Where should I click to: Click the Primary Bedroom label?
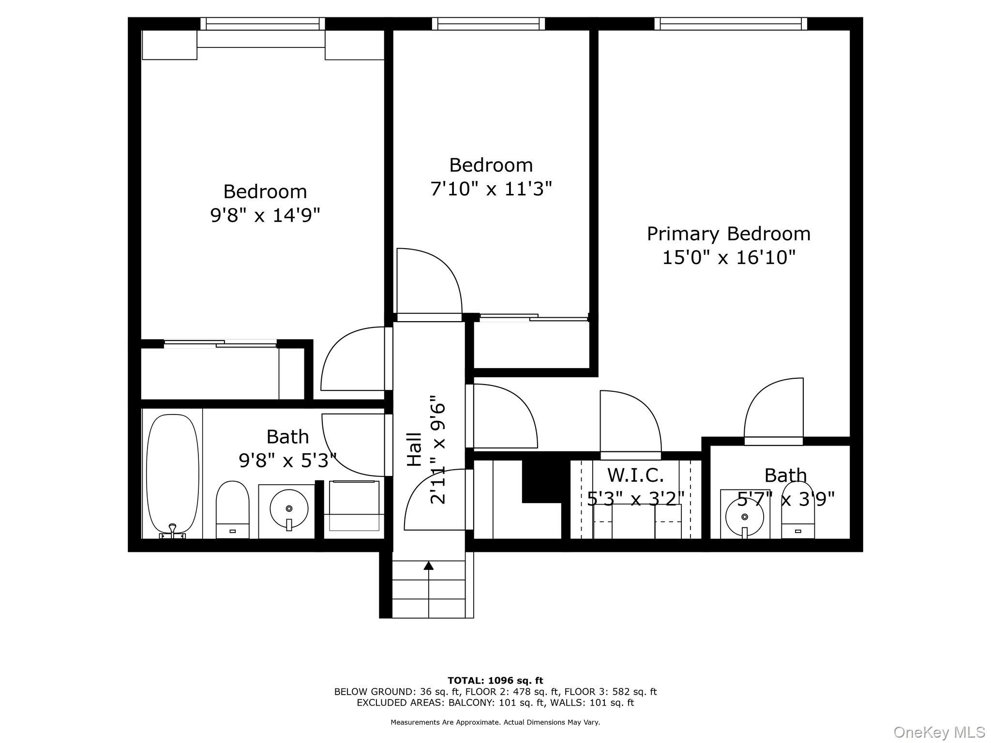coord(728,234)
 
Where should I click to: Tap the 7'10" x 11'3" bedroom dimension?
coord(491,189)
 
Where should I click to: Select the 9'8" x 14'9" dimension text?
coord(265,215)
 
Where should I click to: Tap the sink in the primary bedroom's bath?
coord(745,517)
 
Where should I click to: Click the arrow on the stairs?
coord(428,565)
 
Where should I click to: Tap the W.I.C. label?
coord(635,475)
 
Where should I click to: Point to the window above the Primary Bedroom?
coord(731,23)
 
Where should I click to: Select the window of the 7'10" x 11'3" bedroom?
coord(488,23)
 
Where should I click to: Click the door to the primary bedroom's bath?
coord(773,411)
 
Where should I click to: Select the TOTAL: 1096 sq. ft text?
coord(495,681)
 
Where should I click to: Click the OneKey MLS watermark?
coord(939,732)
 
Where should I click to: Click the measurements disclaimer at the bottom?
coord(495,722)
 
